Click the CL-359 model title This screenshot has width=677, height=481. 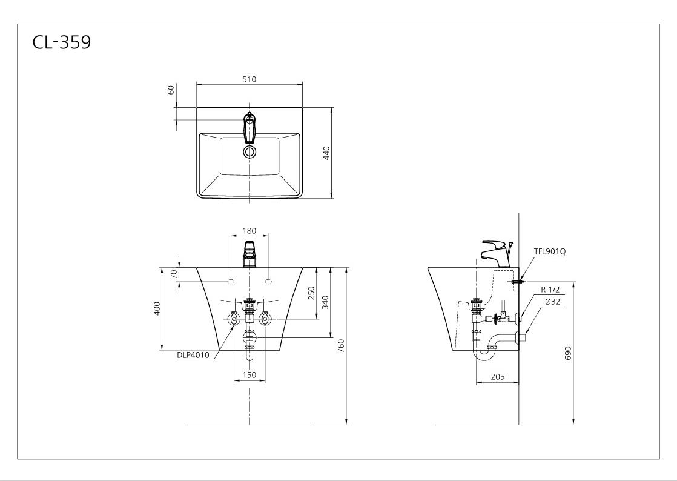[x=62, y=42]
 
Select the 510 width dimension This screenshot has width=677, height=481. [x=249, y=79]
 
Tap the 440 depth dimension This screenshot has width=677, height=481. [x=326, y=153]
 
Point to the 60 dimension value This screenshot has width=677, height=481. [x=171, y=90]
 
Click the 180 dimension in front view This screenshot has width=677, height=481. [x=249, y=231]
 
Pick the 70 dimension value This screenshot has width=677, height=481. [x=174, y=274]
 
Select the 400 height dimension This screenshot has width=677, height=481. [x=157, y=308]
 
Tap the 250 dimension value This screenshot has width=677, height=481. [x=312, y=293]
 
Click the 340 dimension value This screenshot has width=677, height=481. [x=326, y=302]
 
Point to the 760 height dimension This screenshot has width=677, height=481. [x=341, y=346]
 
